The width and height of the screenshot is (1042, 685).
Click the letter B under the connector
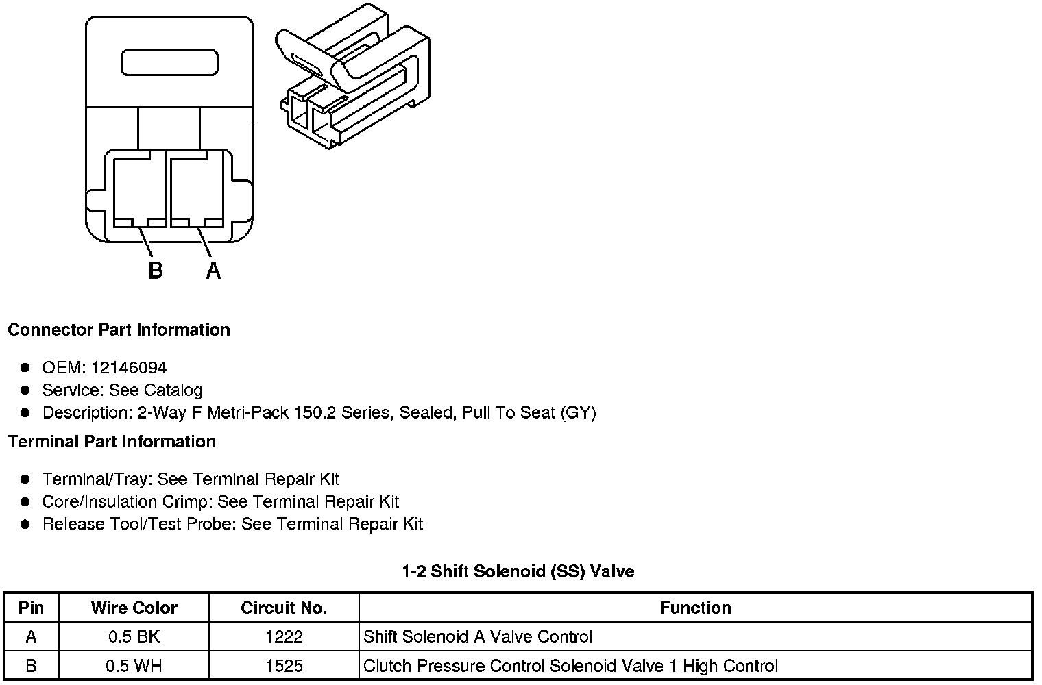click(156, 271)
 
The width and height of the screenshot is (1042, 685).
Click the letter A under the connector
click(213, 271)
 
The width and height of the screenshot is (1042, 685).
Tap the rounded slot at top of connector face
click(169, 62)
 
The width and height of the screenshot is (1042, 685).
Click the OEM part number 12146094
click(128, 368)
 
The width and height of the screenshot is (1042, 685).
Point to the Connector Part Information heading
click(119, 329)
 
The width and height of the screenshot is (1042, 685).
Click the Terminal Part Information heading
click(112, 442)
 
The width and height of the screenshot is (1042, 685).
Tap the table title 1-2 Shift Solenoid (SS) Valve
click(518, 571)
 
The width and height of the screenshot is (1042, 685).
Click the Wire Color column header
click(134, 608)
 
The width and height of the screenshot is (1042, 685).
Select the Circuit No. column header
click(284, 608)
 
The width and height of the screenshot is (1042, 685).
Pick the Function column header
click(695, 608)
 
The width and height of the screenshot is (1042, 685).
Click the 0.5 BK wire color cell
click(134, 637)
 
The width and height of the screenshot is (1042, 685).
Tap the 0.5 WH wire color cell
click(134, 666)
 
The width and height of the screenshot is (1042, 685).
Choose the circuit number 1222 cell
click(284, 637)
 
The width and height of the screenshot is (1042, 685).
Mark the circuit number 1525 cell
click(284, 666)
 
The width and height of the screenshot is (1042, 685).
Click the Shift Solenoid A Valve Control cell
click(477, 637)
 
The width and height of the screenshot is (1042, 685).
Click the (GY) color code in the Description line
click(578, 412)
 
